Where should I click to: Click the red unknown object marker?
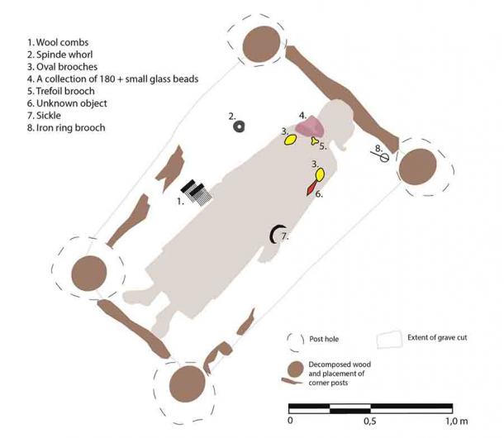pyautogui.click(x=311, y=189)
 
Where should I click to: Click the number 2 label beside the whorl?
pyautogui.click(x=233, y=116)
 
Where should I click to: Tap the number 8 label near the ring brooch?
pyautogui.click(x=378, y=148)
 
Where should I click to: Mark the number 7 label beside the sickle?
pyautogui.click(x=286, y=236)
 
